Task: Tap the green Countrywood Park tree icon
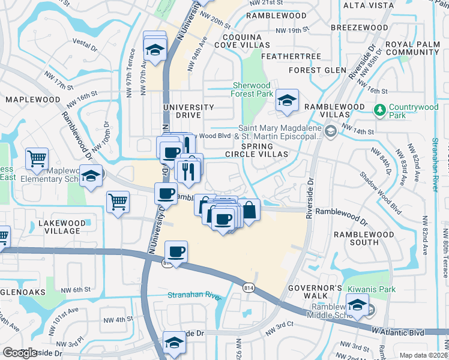coord(379,110)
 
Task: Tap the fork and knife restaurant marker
coord(188,172)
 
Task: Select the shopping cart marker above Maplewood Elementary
coord(37,158)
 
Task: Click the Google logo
coord(19,352)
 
